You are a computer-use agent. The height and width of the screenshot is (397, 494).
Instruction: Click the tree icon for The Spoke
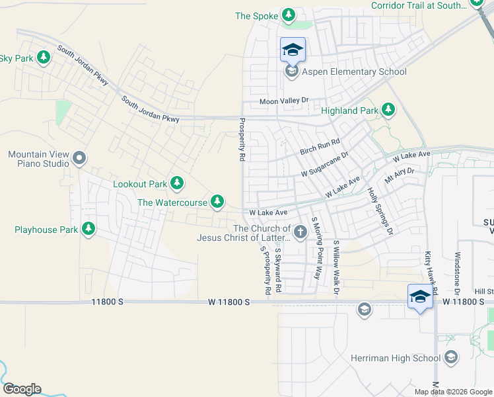coord(288,15)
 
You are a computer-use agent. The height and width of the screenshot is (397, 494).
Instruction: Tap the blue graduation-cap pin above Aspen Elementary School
coord(293,50)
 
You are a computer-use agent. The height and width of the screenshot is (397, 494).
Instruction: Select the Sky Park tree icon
coord(44,58)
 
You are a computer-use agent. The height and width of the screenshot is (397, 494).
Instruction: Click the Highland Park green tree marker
coord(389,110)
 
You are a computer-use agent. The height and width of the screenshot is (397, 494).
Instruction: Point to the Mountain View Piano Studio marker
coord(79,158)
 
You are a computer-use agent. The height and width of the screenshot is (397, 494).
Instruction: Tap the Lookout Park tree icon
coord(176,183)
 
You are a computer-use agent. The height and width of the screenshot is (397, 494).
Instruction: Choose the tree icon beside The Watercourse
coord(217,201)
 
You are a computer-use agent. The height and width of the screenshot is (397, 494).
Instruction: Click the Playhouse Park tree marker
coord(88,230)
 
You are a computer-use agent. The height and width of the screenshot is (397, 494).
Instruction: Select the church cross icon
coord(300,232)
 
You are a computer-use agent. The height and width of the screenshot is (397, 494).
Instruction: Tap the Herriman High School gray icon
coord(451,358)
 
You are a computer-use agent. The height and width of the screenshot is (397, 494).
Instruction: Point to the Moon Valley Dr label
coord(284,101)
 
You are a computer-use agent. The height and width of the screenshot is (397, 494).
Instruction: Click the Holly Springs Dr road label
coord(380,211)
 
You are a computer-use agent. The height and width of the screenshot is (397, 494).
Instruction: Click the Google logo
coord(22,389)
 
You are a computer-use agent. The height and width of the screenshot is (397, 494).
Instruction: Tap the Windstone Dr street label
coord(457,273)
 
